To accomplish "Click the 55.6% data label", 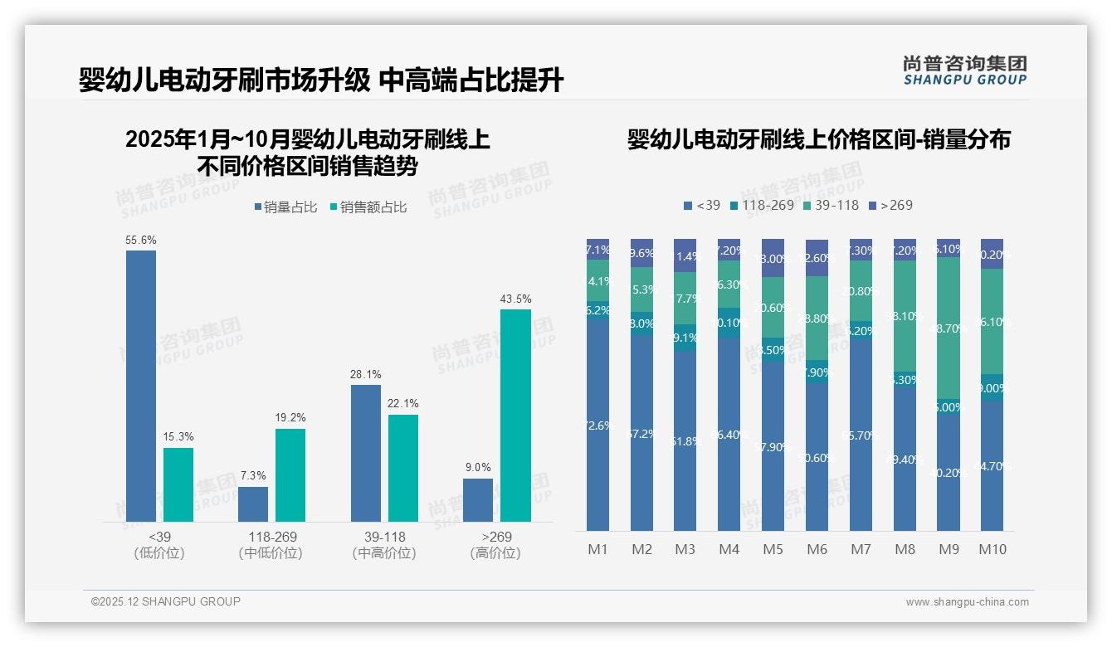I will pyautogui.click(x=141, y=240).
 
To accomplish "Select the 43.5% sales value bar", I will pyautogui.click(x=515, y=415).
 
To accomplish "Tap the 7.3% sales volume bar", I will pyautogui.click(x=253, y=504).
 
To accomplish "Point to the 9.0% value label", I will pyautogui.click(x=478, y=467).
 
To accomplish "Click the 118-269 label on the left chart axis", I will pyautogui.click(x=271, y=537).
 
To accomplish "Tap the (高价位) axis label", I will pyautogui.click(x=495, y=553).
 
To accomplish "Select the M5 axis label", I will pyautogui.click(x=773, y=549).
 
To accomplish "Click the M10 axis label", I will pyautogui.click(x=993, y=549).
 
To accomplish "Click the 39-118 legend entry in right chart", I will pyautogui.click(x=831, y=205).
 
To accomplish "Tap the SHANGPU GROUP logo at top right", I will pyautogui.click(x=964, y=71).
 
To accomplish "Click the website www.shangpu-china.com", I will pyautogui.click(x=967, y=602).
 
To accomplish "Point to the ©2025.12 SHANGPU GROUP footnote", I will pyautogui.click(x=166, y=601).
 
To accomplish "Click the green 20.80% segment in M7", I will pyautogui.click(x=861, y=291).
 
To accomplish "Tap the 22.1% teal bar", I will pyautogui.click(x=403, y=468).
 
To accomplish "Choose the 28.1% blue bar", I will pyautogui.click(x=366, y=453).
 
